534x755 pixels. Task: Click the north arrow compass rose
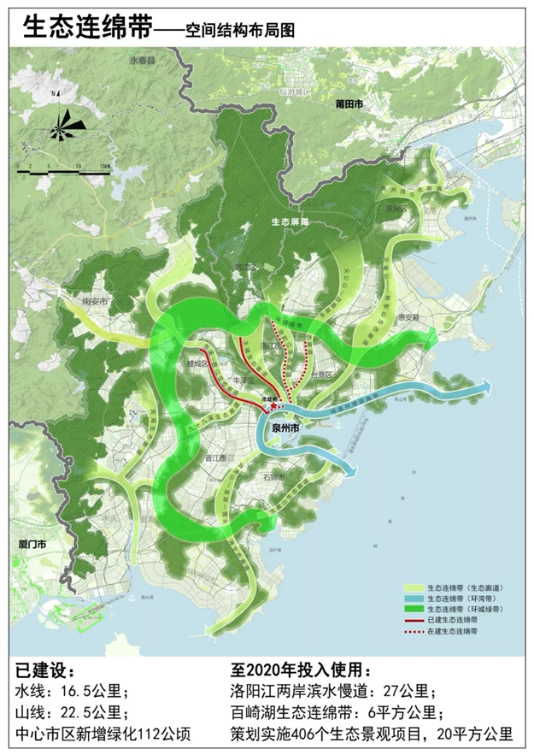[62, 127]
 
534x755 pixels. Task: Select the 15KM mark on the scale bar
[104, 165]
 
